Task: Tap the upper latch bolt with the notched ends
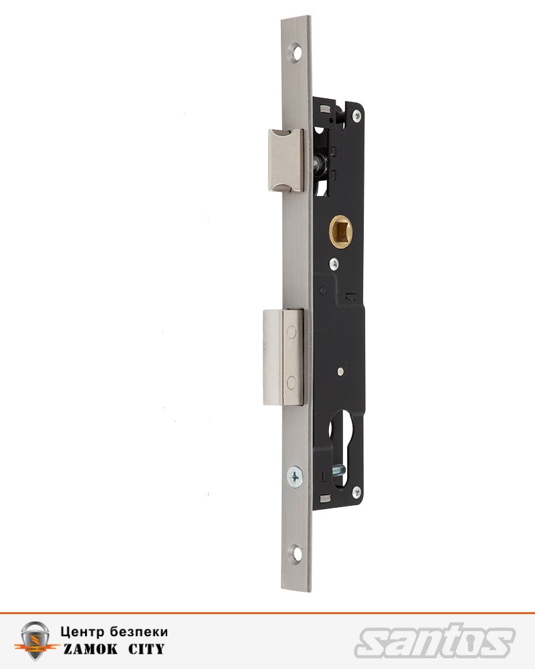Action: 286,160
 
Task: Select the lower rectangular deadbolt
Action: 284,357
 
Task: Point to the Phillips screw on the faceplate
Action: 295,476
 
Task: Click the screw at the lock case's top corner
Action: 356,115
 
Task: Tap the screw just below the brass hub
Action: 334,263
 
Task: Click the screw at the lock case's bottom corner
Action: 356,493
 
